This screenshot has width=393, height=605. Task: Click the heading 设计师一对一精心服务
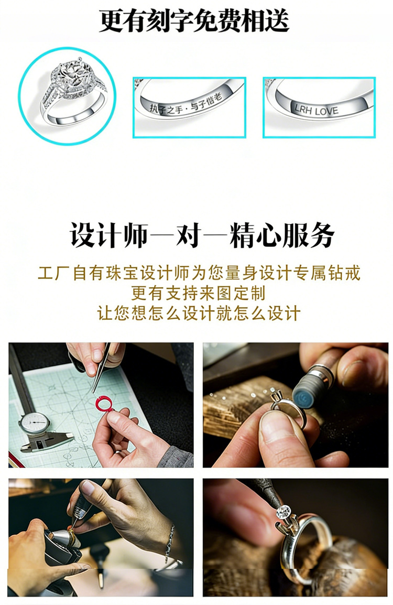(x=202, y=235)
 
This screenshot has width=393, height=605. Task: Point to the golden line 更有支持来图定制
(x=198, y=293)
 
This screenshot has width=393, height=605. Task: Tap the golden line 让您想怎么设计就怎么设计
(x=199, y=313)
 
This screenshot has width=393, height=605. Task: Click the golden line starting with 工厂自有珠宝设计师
(x=199, y=273)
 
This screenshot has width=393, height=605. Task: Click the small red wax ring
(x=104, y=404)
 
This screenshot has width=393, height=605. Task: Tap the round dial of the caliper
(x=34, y=423)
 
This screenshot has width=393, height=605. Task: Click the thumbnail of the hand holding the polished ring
(x=296, y=405)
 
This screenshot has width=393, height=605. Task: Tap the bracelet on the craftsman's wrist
(x=170, y=544)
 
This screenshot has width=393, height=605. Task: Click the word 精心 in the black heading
(x=255, y=235)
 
